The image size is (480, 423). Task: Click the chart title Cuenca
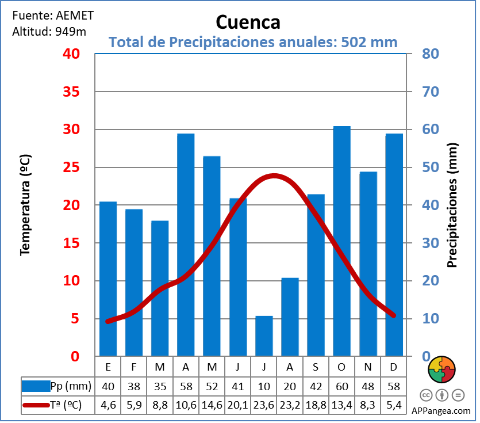click(248, 22)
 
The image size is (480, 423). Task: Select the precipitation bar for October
click(341, 242)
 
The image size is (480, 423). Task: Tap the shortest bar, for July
click(264, 336)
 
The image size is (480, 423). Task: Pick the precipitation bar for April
click(186, 245)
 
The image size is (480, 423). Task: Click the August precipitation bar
click(290, 317)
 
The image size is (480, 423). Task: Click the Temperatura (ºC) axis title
click(25, 204)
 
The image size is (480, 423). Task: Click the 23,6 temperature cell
click(264, 405)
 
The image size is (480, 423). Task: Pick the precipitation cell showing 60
click(341, 386)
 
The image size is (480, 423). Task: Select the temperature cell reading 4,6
click(108, 405)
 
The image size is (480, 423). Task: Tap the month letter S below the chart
click(316, 367)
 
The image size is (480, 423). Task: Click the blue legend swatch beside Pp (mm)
click(36, 386)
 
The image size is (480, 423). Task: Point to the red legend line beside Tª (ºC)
click(36, 405)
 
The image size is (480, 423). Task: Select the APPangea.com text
click(441, 411)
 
